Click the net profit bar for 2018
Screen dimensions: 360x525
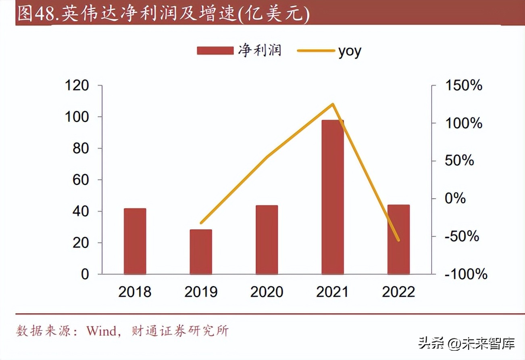tap(135, 241)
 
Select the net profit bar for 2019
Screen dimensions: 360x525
tap(201, 252)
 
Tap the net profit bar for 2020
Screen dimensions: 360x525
tap(267, 240)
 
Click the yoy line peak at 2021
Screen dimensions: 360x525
tap(333, 104)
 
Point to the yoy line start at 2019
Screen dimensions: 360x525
tap(201, 223)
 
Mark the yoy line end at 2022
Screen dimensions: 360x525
tap(398, 241)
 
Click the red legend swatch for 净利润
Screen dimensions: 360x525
tap(215, 51)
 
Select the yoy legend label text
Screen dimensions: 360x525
tap(350, 51)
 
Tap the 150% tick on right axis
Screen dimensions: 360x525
tap(463, 86)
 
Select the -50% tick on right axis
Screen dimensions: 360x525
tap(462, 237)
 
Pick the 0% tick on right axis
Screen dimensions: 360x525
tap(455, 199)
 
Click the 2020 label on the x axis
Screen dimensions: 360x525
tap(267, 292)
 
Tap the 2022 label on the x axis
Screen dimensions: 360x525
tap(398, 292)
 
